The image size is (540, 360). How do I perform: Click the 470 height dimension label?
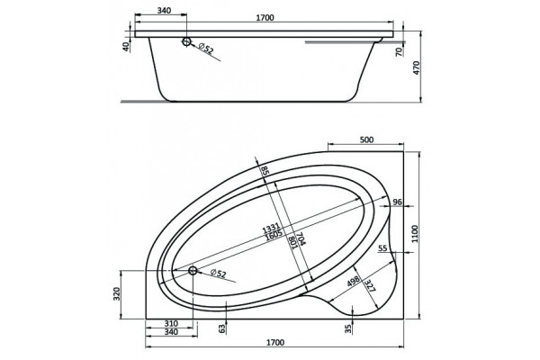(x=417, y=67)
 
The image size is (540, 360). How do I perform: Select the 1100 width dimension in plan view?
(x=414, y=234)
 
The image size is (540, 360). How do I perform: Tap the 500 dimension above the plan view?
(x=366, y=139)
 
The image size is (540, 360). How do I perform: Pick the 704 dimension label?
(x=301, y=238)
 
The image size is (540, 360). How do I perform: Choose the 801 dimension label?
(x=292, y=242)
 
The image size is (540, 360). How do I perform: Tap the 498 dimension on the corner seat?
(x=354, y=281)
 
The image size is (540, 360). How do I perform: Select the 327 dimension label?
(x=370, y=285)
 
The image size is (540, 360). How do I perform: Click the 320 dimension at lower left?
(x=117, y=294)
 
